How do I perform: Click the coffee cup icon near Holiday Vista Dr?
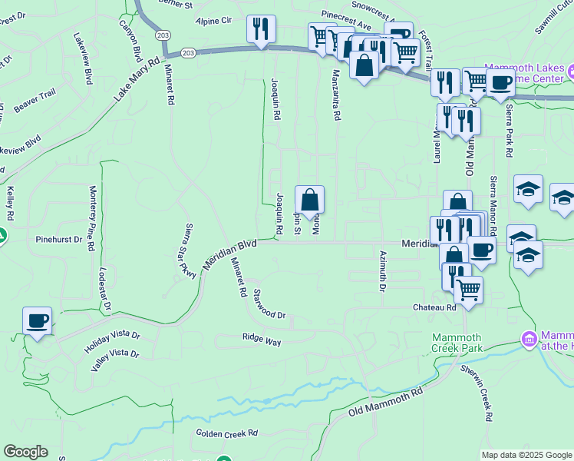click(x=37, y=320)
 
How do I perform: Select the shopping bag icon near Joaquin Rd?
click(x=309, y=201)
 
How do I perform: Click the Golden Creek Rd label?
click(x=226, y=433)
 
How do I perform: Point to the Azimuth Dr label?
click(x=381, y=271)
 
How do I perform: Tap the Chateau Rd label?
click(x=435, y=307)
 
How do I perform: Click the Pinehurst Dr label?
click(x=58, y=239)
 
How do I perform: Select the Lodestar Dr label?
click(x=104, y=289)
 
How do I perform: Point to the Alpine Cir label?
click(x=213, y=22)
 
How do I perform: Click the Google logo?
click(x=25, y=452)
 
